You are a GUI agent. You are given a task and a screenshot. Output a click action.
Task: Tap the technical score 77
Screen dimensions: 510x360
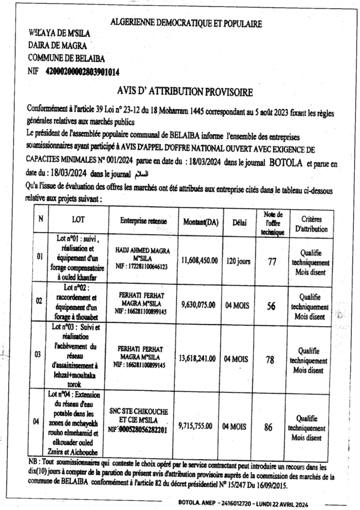click(272, 261)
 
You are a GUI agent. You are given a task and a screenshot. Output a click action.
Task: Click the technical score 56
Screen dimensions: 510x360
click(271, 306)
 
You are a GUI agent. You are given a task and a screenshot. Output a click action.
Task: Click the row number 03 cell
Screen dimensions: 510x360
click(38, 355)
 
